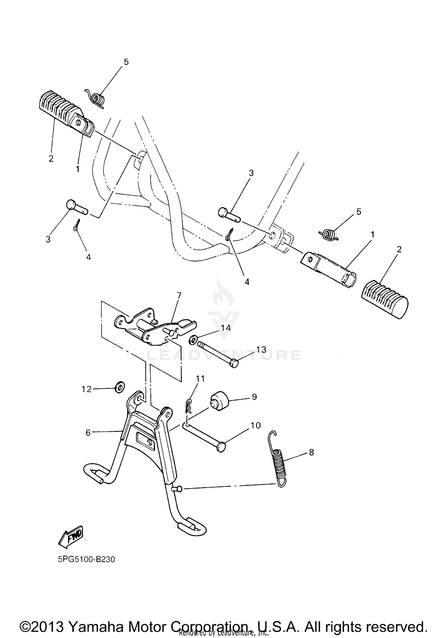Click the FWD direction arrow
click(x=71, y=537)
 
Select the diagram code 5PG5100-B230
click(x=87, y=559)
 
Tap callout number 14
click(x=225, y=328)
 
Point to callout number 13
click(x=261, y=349)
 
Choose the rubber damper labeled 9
click(x=219, y=400)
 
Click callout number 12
click(x=87, y=389)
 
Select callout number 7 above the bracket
click(x=179, y=296)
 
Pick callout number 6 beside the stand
click(x=88, y=432)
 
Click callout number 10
click(x=256, y=425)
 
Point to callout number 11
click(x=200, y=379)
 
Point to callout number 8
click(x=311, y=452)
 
